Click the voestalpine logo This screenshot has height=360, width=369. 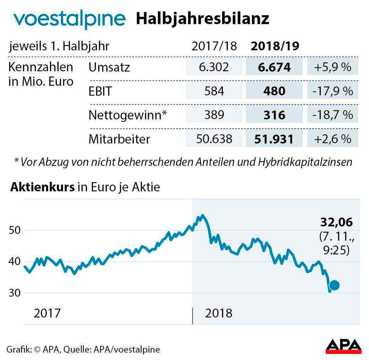click(x=69, y=19)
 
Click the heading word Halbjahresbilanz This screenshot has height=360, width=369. click(x=203, y=19)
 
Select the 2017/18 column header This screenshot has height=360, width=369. click(x=214, y=46)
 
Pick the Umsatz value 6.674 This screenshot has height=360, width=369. click(x=274, y=67)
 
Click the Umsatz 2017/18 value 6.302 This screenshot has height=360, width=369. click(x=214, y=67)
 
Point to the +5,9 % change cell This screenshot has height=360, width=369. click(x=332, y=67)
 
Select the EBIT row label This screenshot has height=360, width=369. click(x=100, y=91)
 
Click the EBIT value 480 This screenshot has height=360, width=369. click(x=274, y=91)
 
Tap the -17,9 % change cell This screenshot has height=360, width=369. click(x=332, y=91)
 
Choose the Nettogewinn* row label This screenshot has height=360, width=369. click(x=127, y=115)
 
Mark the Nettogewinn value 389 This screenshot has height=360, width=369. click(x=214, y=115)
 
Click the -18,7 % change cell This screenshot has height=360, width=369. click(x=332, y=115)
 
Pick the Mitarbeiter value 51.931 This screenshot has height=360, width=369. click(x=274, y=139)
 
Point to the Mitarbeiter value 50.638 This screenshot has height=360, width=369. click(x=214, y=139)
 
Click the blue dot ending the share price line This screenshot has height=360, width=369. click(x=334, y=285)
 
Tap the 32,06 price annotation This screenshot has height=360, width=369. click(x=336, y=223)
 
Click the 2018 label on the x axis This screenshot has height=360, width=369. click(x=219, y=313)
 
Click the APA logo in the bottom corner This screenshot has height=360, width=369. click(x=343, y=346)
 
